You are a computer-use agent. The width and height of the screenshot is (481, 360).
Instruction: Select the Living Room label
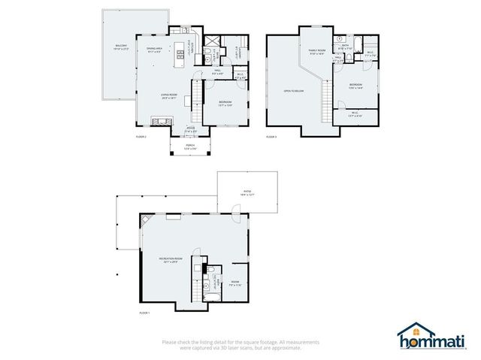pos(168,95)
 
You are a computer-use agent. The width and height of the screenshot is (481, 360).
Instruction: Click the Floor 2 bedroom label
pos(225,104)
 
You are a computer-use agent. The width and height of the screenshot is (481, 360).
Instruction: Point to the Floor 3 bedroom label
pos(355,86)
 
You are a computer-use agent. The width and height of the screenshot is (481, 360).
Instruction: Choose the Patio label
pos(247,192)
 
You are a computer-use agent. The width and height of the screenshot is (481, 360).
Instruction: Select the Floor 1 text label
pos(144,313)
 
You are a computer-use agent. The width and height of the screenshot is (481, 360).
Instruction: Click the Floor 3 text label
pos(271,138)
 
